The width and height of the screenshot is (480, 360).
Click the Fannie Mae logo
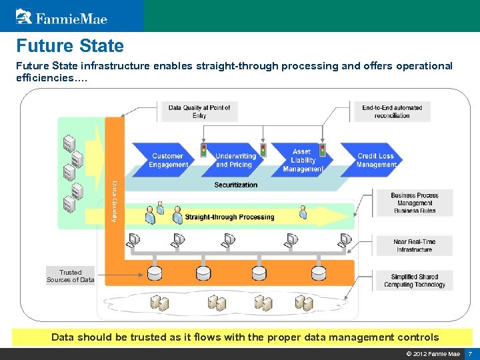tap(61, 17)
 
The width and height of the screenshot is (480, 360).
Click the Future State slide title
tap(70, 46)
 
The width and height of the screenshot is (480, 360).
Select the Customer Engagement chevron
tap(167, 161)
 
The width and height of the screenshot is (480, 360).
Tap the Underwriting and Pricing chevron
tap(234, 161)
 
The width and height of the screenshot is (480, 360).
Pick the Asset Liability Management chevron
tap(303, 161)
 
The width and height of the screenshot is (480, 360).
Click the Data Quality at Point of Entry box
tap(199, 111)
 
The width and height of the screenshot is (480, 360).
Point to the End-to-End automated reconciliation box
tap(392, 111)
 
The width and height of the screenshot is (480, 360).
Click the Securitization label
tap(235, 185)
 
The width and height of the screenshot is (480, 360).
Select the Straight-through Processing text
tap(229, 217)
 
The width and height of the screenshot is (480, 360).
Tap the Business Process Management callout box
tap(415, 203)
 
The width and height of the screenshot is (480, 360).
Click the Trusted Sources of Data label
tap(70, 276)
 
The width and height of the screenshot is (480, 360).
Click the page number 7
tap(470, 353)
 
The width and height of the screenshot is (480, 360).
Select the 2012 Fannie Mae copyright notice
tap(433, 353)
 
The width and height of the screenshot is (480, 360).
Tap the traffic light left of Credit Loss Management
tap(323, 149)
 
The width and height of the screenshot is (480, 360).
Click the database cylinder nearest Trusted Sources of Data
tap(155, 273)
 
